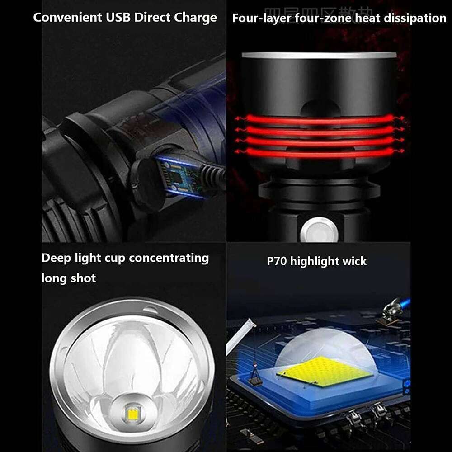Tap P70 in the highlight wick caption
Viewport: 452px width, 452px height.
point(277,261)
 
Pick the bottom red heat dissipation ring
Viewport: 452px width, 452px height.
point(319,153)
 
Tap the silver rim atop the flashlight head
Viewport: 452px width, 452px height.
point(319,55)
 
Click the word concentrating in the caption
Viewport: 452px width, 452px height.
point(169,258)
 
